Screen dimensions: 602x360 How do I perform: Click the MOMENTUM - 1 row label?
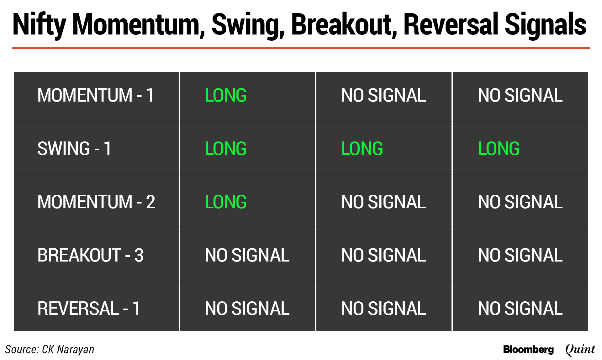pyautogui.click(x=96, y=95)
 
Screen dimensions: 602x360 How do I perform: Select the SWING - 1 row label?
pyautogui.click(x=74, y=148)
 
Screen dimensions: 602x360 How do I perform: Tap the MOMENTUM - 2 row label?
pyautogui.click(x=96, y=202)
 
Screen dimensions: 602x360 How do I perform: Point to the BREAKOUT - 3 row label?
pyautogui.click(x=91, y=255)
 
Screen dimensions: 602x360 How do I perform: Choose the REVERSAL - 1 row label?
pyautogui.click(x=89, y=308)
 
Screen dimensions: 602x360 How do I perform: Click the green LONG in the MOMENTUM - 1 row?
pyautogui.click(x=226, y=95)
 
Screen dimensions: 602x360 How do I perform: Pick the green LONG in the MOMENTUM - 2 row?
pyautogui.click(x=226, y=202)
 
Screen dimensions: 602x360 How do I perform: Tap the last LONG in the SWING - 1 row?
pyautogui.click(x=499, y=148)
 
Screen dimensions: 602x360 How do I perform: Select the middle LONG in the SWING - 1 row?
pyautogui.click(x=362, y=148)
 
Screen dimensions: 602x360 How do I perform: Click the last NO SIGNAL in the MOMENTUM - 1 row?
pyautogui.click(x=520, y=95)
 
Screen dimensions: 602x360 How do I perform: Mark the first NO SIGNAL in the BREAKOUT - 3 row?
pyautogui.click(x=247, y=255)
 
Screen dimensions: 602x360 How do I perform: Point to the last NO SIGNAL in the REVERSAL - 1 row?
pyautogui.click(x=520, y=308)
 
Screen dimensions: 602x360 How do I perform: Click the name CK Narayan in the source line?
pyautogui.click(x=68, y=349)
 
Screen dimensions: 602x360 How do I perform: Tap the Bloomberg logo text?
pyautogui.click(x=528, y=349)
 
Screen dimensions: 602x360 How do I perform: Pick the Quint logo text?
pyautogui.click(x=580, y=349)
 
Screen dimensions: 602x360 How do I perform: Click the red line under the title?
pyautogui.click(x=301, y=48)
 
